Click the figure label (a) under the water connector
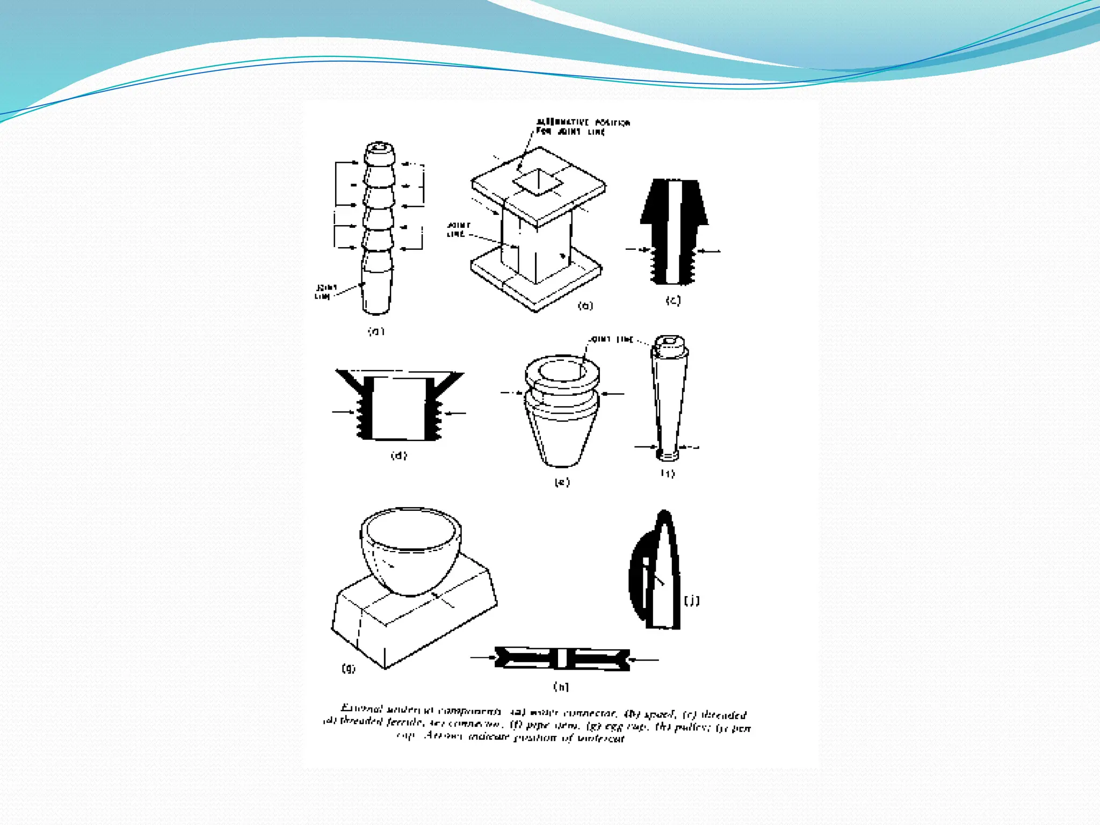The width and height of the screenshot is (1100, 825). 376,331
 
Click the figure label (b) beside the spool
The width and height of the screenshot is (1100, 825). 585,306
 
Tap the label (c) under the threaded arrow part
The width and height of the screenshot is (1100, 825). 673,300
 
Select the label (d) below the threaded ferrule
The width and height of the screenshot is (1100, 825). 399,455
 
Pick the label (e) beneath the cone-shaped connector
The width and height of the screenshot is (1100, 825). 562,482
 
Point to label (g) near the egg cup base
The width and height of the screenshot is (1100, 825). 349,668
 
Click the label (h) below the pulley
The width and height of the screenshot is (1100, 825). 561,686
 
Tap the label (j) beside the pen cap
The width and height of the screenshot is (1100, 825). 691,600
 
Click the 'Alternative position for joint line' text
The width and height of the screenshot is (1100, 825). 582,127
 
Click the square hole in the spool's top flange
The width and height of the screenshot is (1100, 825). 538,183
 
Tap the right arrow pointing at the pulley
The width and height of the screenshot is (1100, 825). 643,659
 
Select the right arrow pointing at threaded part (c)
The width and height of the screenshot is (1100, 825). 708,251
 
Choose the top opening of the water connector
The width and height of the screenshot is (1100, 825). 380,147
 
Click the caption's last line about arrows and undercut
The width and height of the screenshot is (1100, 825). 510,737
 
